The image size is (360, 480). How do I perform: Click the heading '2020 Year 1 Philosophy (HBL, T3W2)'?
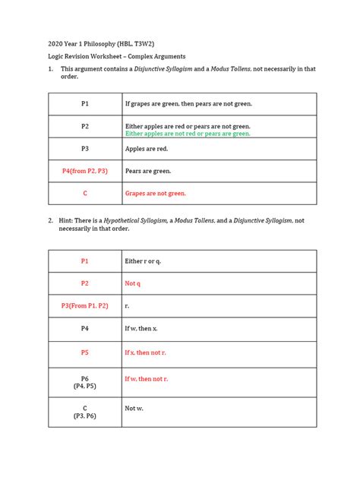(103, 41)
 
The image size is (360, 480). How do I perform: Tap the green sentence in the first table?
(188, 134)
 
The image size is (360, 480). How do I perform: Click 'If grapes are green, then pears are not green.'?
(188, 103)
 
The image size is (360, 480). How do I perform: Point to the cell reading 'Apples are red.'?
(146, 149)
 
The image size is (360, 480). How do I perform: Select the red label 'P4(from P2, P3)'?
(85, 172)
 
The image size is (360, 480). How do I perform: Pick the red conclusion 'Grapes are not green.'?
(156, 194)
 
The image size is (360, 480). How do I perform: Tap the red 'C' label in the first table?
(85, 194)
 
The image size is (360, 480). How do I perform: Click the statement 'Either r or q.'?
(143, 261)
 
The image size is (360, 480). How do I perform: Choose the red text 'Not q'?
(132, 283)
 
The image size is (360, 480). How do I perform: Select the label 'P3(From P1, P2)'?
(85, 306)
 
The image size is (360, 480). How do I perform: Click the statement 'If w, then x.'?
(142, 329)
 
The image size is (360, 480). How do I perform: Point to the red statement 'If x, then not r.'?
(147, 353)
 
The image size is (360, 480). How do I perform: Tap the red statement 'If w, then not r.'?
(147, 378)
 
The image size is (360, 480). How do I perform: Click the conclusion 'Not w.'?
(134, 408)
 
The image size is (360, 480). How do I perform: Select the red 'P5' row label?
(85, 353)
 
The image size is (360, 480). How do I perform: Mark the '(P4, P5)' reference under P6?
(85, 386)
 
